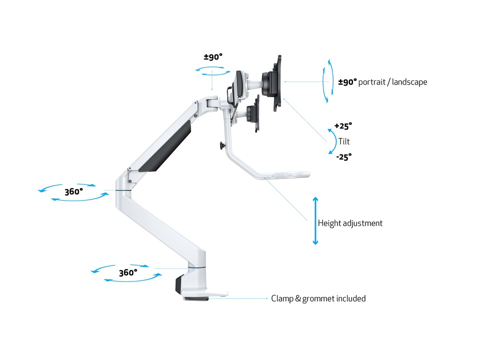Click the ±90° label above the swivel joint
pyautogui.click(x=213, y=57)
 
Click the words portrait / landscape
pyautogui.click(x=392, y=82)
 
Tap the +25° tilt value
pyautogui.click(x=343, y=126)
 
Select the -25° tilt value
pyautogui.click(x=344, y=157)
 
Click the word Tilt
pyautogui.click(x=344, y=141)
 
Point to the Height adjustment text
pyautogui.click(x=350, y=223)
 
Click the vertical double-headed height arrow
pyautogui.click(x=315, y=220)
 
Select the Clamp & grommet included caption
pyautogui.click(x=318, y=298)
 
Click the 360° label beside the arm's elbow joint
pyautogui.click(x=73, y=191)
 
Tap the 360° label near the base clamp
pyautogui.click(x=128, y=272)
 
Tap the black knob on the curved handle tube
pyautogui.click(x=222, y=146)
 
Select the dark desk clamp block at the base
pyautogui.click(x=179, y=284)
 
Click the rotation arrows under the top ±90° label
pyautogui.click(x=213, y=70)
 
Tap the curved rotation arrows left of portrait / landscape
pyautogui.click(x=327, y=81)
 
